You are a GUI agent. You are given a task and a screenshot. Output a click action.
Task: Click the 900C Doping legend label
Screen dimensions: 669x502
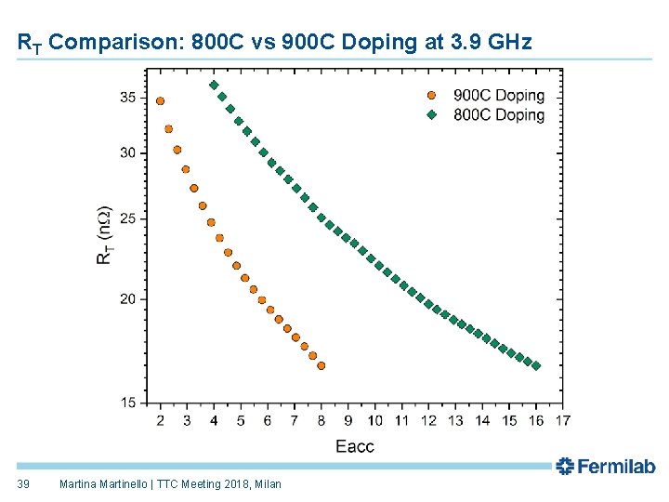[499, 95]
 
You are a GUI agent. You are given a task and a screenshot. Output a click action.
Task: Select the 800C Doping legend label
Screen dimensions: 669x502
[499, 115]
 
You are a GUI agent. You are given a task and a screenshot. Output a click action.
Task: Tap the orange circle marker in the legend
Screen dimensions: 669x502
[431, 95]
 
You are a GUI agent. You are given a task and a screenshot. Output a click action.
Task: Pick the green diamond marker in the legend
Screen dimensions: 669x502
[431, 115]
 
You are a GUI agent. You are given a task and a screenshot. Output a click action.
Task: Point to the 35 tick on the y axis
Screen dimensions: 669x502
[128, 98]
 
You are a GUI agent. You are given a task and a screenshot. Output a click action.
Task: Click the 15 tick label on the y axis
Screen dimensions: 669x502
[128, 403]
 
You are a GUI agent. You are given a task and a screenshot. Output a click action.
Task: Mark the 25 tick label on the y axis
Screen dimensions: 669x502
[128, 219]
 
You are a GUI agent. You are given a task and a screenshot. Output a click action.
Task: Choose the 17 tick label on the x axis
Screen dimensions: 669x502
[563, 421]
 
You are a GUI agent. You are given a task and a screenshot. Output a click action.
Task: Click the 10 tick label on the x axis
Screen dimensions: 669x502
[375, 421]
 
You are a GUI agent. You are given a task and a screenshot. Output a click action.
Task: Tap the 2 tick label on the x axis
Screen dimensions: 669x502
[160, 421]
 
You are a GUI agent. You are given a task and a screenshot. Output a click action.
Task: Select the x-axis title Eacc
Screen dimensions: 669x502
[355, 446]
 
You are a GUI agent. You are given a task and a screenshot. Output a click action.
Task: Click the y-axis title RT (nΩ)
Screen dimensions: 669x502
[104, 235]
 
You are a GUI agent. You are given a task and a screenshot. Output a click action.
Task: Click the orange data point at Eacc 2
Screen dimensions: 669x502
[160, 101]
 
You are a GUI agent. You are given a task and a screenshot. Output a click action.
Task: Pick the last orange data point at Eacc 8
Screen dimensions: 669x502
[321, 366]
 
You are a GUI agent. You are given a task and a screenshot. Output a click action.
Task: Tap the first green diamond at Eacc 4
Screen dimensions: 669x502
[214, 86]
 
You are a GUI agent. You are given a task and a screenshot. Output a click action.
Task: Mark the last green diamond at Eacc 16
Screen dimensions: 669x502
[536, 366]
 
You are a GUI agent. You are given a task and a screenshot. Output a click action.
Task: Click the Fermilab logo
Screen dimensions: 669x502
[606, 466]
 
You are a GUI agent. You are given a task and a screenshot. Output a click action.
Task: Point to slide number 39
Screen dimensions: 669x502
[23, 484]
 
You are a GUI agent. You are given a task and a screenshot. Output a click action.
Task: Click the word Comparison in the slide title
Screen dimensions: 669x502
[116, 42]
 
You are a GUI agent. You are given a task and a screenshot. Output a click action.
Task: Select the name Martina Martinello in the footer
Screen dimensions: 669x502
[103, 484]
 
